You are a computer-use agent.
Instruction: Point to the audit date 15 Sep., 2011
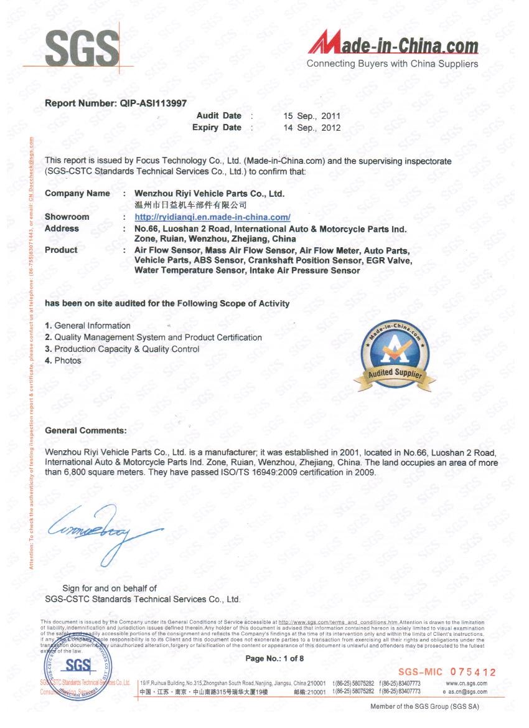(311, 116)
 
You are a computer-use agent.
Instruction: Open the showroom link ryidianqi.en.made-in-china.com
(213, 217)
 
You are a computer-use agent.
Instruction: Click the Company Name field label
(77, 194)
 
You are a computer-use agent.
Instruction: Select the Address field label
(62, 229)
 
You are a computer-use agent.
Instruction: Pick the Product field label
(61, 250)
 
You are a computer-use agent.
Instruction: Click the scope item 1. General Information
(88, 326)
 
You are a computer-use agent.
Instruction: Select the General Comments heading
(86, 430)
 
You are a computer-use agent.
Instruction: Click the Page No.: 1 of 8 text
(274, 658)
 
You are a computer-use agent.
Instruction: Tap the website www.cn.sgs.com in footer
(467, 683)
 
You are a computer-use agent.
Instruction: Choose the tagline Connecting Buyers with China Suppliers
(392, 64)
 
